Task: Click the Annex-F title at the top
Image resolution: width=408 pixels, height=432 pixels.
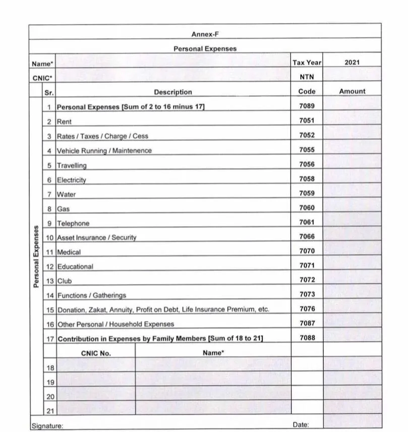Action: click(205, 34)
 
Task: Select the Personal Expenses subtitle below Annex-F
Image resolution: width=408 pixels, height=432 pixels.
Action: click(205, 49)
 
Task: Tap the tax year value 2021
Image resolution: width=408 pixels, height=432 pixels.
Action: click(352, 63)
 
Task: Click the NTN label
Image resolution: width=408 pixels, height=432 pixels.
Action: click(307, 77)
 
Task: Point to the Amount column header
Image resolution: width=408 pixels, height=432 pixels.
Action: click(352, 91)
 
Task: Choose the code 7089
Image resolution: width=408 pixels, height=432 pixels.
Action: click(307, 106)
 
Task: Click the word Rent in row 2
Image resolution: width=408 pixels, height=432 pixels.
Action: click(64, 122)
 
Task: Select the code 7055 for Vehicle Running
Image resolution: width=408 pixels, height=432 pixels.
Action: click(307, 150)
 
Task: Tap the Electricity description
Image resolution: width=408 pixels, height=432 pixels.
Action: click(71, 180)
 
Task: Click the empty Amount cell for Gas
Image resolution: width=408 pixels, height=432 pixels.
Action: click(352, 208)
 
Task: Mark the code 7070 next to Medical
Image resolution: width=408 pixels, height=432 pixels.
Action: click(307, 251)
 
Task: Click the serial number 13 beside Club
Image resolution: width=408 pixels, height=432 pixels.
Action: click(50, 281)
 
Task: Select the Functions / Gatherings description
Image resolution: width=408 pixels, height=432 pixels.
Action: click(91, 295)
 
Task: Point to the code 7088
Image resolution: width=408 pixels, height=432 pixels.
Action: click(307, 338)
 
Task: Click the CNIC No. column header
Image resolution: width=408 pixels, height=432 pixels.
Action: click(95, 353)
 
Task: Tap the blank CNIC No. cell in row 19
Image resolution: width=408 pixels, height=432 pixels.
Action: click(95, 383)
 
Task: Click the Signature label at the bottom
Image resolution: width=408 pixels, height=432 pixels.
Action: click(47, 426)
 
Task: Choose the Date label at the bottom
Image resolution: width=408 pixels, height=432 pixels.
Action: click(301, 425)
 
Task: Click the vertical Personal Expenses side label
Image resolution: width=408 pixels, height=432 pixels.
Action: click(36, 256)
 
